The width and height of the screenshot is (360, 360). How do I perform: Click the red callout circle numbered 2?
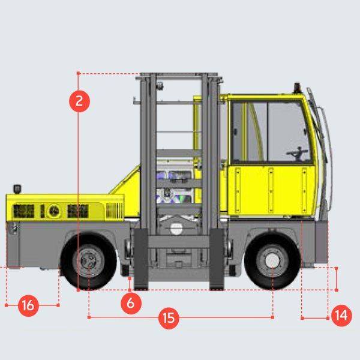pos(79,101)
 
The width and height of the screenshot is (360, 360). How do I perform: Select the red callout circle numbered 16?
pos(28,305)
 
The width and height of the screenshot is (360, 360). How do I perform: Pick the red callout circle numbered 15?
pos(169,317)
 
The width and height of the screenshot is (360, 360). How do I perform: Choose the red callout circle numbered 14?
pos(341,316)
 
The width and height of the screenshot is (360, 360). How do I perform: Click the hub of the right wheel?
pos(272,261)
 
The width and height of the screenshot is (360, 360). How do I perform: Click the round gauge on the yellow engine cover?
pos(55,212)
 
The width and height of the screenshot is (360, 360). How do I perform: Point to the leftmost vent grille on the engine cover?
pos(23,212)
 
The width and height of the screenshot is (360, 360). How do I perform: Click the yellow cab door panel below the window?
pos(270,189)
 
